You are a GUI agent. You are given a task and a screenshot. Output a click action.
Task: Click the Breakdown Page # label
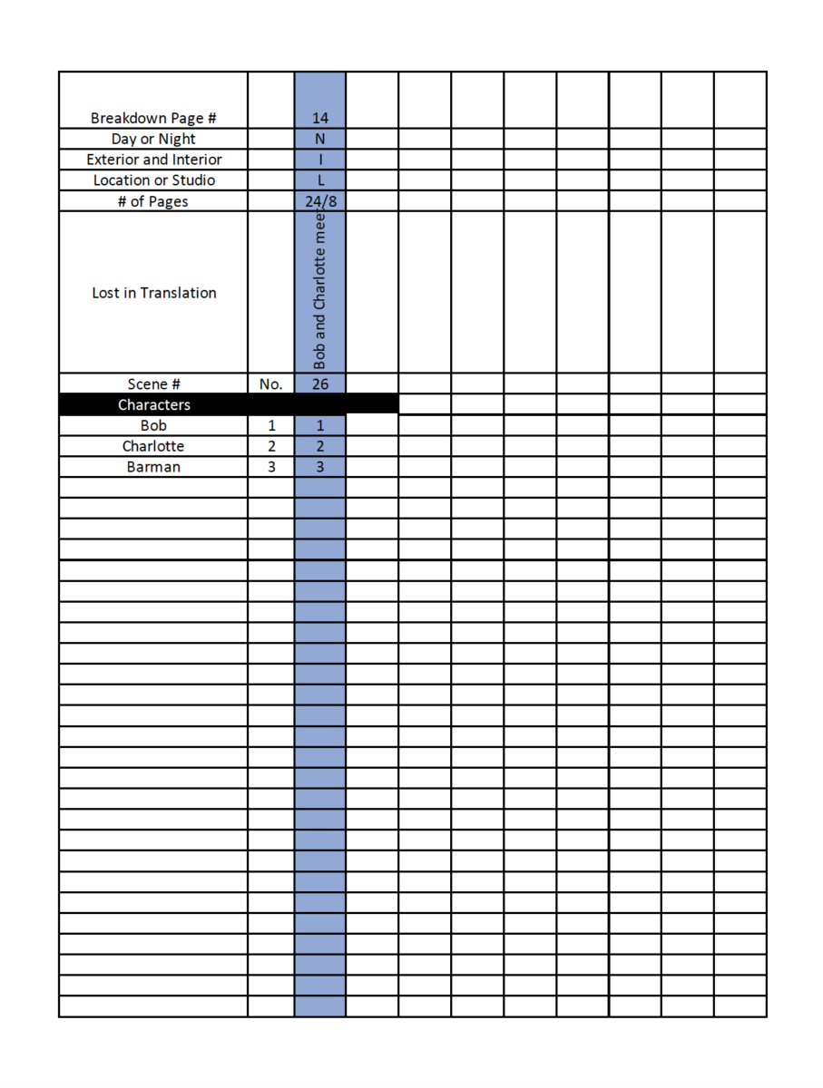(153, 118)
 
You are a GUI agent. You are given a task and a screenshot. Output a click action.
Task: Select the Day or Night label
(153, 139)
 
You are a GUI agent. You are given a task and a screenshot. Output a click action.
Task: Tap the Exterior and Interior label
(153, 160)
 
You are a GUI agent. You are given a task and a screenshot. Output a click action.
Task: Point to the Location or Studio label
(153, 180)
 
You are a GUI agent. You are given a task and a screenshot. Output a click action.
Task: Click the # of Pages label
(153, 200)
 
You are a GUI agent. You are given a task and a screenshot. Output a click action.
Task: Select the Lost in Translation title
(153, 293)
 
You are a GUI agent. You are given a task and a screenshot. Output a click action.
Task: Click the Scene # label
(153, 384)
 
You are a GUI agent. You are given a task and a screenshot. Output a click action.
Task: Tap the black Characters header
(153, 404)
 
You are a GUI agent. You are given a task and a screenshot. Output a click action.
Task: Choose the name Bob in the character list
(153, 425)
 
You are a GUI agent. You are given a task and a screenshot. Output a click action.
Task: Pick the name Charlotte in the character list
(153, 446)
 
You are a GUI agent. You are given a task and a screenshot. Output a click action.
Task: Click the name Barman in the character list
(153, 467)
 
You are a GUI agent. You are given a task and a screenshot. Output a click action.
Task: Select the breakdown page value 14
(319, 118)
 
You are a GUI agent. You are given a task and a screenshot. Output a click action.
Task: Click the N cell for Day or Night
(319, 139)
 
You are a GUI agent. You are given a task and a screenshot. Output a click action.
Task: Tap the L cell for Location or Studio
(319, 180)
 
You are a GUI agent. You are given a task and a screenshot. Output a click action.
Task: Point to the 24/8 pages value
(319, 201)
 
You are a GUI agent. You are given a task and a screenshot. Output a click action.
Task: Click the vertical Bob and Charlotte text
(319, 292)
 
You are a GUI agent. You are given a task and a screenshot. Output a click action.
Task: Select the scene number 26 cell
(319, 384)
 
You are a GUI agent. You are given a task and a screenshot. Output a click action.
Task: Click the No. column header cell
(270, 384)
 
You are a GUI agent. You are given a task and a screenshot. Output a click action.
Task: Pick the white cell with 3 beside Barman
(270, 467)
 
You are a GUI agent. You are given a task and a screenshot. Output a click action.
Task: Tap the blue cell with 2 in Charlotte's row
(319, 446)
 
